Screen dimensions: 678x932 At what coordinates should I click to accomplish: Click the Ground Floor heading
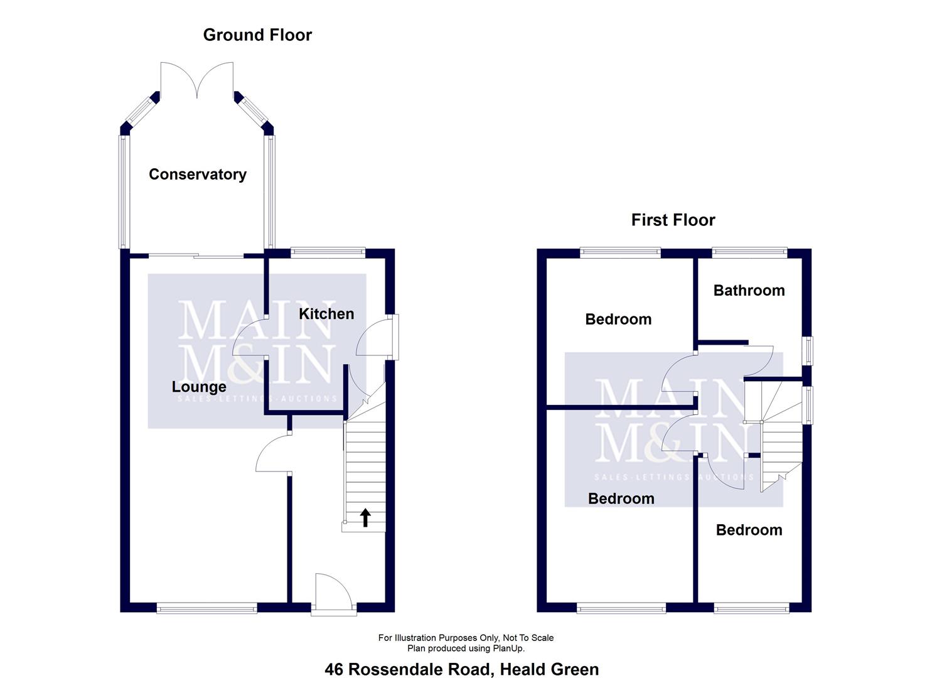[x=257, y=35]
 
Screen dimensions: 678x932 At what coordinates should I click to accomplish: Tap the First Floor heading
[x=673, y=220]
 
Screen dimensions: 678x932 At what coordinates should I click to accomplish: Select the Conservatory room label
[x=197, y=174]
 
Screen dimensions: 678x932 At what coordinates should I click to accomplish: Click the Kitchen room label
[x=326, y=313]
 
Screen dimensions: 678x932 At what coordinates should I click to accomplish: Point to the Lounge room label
[x=199, y=387]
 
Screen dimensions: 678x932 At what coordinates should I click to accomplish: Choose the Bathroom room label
[x=749, y=290]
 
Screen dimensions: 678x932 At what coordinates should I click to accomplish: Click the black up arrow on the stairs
[x=365, y=517]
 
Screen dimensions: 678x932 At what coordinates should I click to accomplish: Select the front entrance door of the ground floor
[x=333, y=593]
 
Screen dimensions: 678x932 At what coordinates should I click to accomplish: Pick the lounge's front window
[x=206, y=607]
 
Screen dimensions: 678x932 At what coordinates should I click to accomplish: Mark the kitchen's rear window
[x=328, y=253]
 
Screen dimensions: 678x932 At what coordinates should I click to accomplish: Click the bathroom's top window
[x=749, y=253]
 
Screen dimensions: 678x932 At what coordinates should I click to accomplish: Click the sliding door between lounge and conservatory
[x=196, y=256]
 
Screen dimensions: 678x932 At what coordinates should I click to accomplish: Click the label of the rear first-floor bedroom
[x=618, y=319]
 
